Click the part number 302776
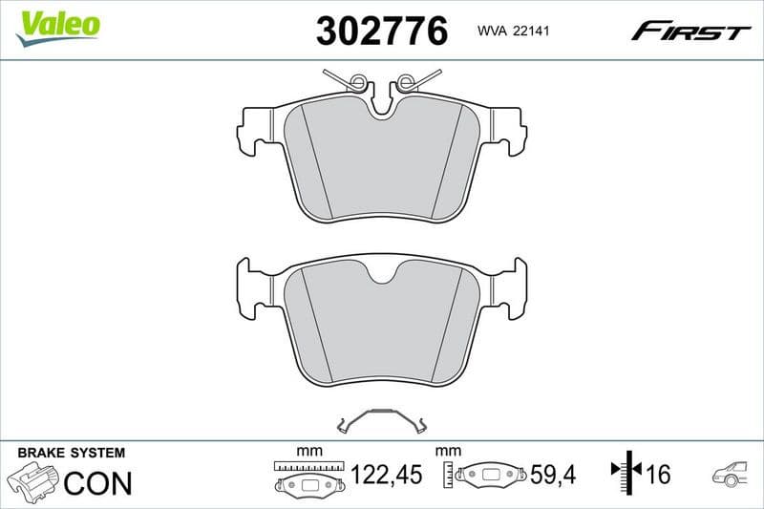tap(381, 32)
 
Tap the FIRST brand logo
tap(690, 32)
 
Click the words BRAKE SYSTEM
tap(71, 452)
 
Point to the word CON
tap(97, 483)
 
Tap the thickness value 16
tap(657, 475)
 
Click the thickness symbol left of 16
tap(624, 471)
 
